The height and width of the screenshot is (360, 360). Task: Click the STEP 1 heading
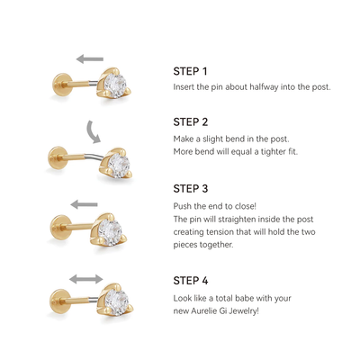point(190,71)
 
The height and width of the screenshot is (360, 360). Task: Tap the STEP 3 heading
point(191,188)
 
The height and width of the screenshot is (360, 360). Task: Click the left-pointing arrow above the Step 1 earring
point(90,58)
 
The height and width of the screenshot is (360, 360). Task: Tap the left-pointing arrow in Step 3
point(85,204)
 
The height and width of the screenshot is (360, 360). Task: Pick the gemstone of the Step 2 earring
point(118,166)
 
